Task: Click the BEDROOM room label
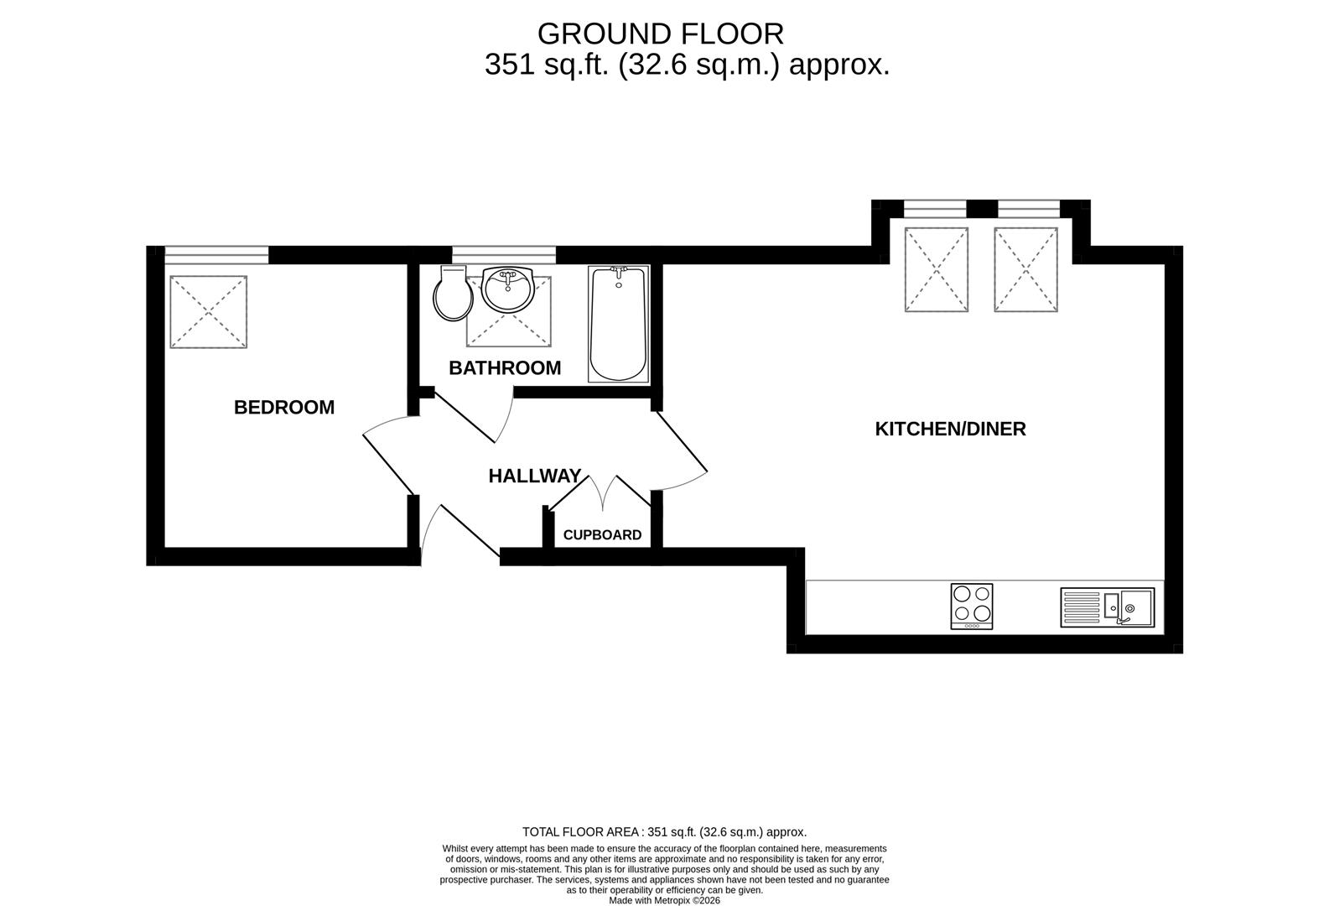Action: (x=284, y=408)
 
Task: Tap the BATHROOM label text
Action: (x=505, y=368)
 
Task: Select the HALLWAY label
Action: (x=535, y=476)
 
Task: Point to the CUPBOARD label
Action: (x=602, y=535)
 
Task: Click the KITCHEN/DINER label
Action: (x=951, y=429)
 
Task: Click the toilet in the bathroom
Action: (x=454, y=293)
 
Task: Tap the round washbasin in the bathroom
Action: (x=508, y=289)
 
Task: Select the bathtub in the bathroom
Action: (x=619, y=324)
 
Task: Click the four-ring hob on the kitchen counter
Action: (x=971, y=607)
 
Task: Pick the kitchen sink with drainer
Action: (x=1107, y=607)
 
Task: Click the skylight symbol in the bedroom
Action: (x=208, y=312)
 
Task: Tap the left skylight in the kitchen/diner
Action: (x=937, y=269)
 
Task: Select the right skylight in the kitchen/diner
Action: (x=1025, y=269)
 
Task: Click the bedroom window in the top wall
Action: (x=216, y=255)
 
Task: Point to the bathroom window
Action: (x=504, y=255)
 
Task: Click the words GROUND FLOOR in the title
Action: (x=661, y=34)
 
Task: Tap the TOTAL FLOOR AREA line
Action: (x=664, y=832)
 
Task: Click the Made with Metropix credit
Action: (x=664, y=900)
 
